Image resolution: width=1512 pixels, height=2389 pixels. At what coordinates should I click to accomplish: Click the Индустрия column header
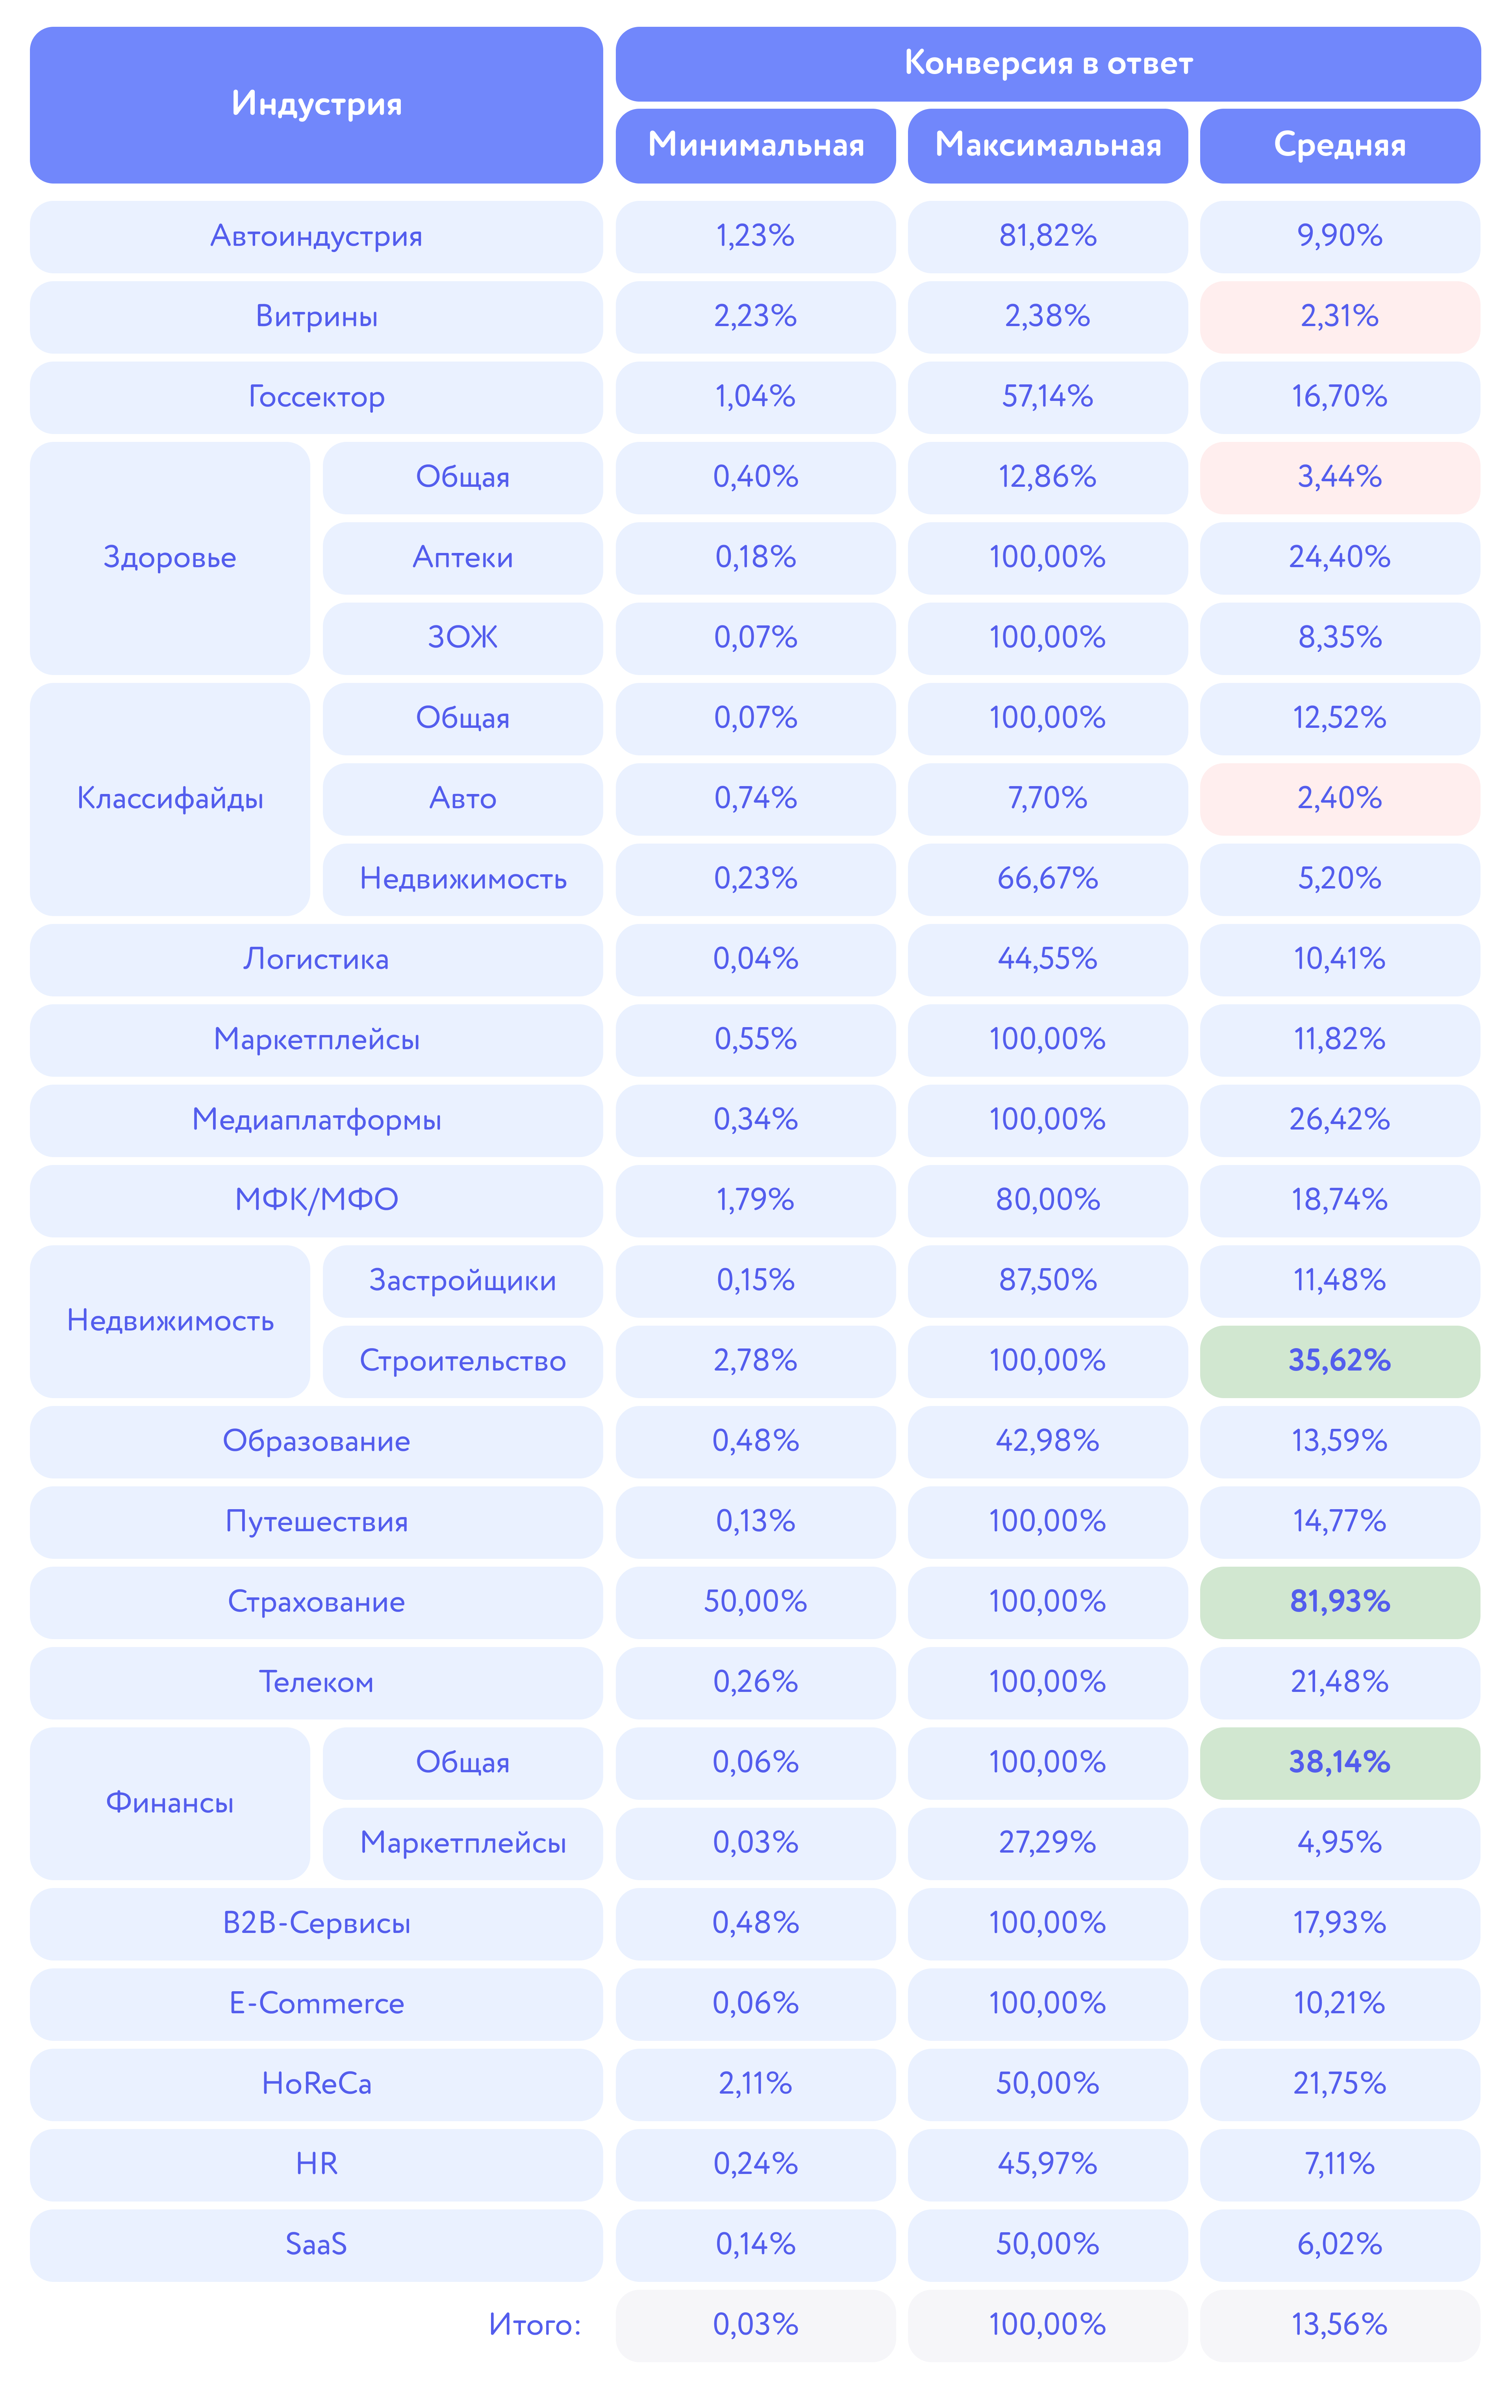tap(317, 104)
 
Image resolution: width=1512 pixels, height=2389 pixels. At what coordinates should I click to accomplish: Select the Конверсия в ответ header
tap(1048, 63)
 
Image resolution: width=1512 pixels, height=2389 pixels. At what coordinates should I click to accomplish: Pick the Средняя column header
tap(1340, 146)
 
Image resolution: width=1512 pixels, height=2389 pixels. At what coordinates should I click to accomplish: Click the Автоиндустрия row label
tap(317, 236)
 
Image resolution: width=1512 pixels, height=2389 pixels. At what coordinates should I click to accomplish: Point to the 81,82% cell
tap(1048, 236)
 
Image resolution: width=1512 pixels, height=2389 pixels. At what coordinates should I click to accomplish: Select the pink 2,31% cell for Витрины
tap(1340, 317)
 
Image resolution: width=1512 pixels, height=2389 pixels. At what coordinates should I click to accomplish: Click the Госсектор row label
tap(317, 397)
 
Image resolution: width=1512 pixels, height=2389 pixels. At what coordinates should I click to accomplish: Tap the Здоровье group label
tap(170, 558)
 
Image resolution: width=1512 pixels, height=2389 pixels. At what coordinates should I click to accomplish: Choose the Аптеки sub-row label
tap(462, 558)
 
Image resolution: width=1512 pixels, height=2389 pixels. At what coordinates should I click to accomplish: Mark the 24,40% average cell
tap(1340, 558)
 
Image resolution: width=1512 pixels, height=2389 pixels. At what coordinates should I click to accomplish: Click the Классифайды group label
tap(170, 799)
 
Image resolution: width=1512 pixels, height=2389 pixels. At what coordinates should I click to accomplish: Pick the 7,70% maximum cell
tap(1048, 799)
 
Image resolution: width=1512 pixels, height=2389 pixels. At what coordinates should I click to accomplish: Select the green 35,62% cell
tap(1340, 1361)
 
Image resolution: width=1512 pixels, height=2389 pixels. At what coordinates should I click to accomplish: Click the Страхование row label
tap(317, 1602)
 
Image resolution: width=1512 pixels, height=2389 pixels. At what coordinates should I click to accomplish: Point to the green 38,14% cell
tap(1340, 1763)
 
